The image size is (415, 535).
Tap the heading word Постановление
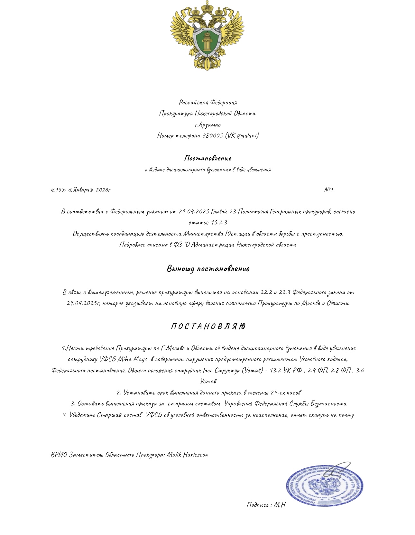coord(208,158)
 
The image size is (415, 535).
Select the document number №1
coord(328,190)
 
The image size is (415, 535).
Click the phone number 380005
coord(213,135)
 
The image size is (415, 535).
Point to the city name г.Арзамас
coord(208,125)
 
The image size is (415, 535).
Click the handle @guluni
coord(247,135)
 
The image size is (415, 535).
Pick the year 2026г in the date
coord(103,190)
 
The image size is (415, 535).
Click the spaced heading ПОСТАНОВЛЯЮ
coord(208,327)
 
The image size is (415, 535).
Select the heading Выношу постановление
coord(208,269)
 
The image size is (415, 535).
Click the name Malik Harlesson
coord(187,455)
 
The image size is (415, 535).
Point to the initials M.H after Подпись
coord(279,505)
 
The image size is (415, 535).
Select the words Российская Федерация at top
coord(208,102)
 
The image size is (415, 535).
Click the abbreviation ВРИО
coord(59,455)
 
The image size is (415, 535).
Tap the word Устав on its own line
coord(208,381)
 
